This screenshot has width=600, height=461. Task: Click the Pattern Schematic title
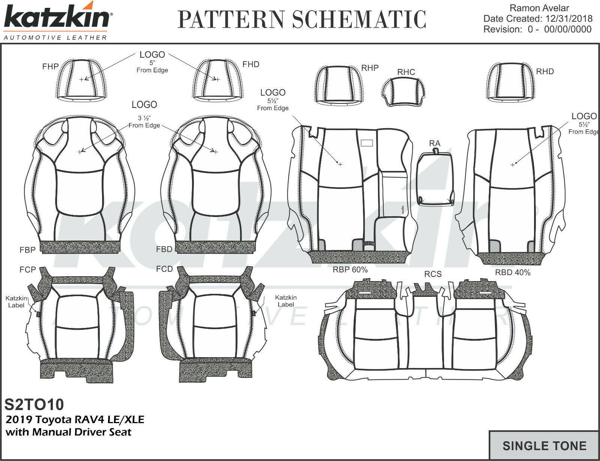[x=302, y=19]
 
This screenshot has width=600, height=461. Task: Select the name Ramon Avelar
[x=540, y=8]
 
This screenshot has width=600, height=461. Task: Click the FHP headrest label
[x=50, y=67]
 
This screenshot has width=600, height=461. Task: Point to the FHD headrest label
[x=250, y=64]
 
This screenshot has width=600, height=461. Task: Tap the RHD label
[x=544, y=72]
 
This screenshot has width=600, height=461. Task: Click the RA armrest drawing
[x=435, y=178]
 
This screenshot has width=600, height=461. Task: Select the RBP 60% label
[x=350, y=270]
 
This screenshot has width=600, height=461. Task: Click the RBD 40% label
[x=513, y=273]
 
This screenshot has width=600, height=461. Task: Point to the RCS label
[x=433, y=274]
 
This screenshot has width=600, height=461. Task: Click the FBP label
[x=27, y=250]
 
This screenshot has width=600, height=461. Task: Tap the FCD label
[x=164, y=269]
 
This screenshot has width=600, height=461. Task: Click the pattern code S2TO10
[x=34, y=404]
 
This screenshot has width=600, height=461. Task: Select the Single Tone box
[x=544, y=446]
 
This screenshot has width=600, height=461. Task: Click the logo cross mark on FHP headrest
[x=82, y=79]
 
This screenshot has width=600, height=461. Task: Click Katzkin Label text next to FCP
[x=16, y=302]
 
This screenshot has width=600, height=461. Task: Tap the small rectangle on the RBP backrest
[x=366, y=143]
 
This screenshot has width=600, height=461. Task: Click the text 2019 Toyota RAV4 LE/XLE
[x=75, y=419]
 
